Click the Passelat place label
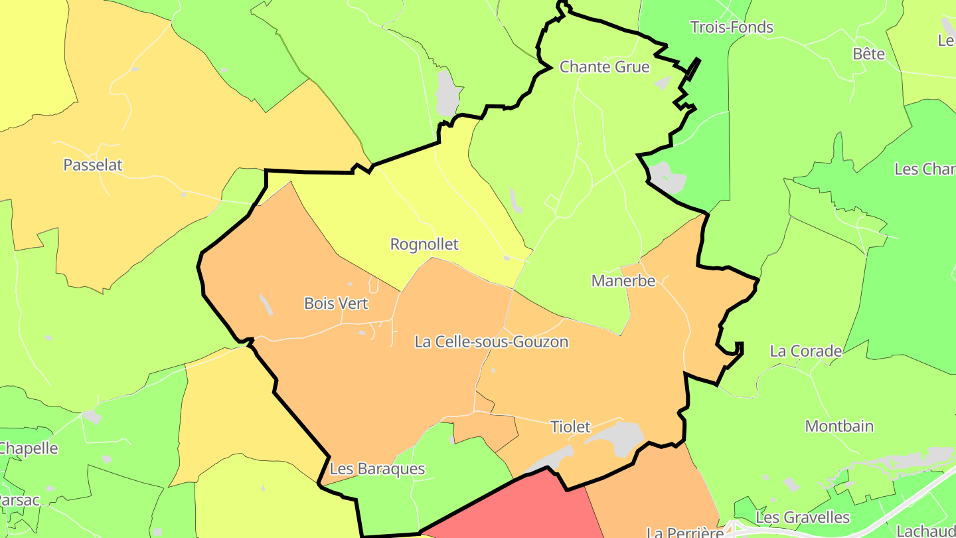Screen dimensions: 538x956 93,165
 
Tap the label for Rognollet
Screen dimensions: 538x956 424,244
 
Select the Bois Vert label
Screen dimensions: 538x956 336,304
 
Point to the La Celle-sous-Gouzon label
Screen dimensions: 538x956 491,342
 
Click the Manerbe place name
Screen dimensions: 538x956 623,281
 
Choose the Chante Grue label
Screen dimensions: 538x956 604,67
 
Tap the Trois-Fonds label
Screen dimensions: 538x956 732,27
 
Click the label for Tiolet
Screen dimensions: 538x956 570,426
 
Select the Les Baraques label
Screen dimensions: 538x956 377,469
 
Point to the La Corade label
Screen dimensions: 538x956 806,351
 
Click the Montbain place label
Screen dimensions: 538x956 839,426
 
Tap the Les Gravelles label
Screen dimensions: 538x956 803,517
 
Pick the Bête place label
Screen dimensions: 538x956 869,54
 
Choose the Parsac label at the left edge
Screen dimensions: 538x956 19,500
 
